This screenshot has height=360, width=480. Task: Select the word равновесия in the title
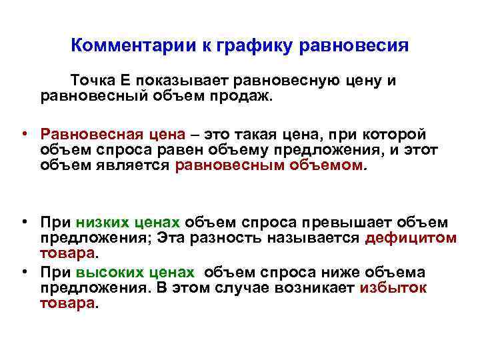[x=354, y=46]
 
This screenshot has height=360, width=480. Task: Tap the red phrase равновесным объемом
[x=270, y=165]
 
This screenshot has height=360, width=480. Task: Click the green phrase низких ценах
[x=128, y=223]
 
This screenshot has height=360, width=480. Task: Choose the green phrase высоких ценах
[x=135, y=273]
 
